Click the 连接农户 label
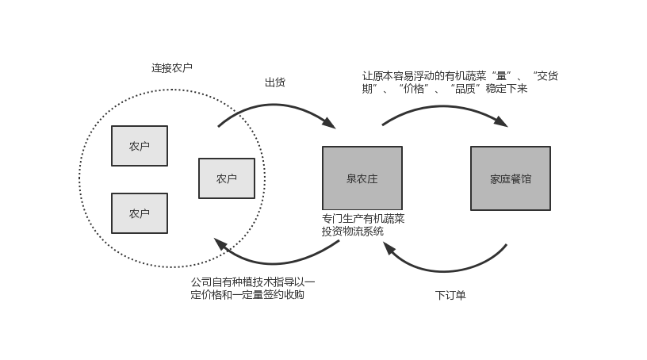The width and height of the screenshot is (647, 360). coord(171,68)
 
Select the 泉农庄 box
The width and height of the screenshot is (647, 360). coord(362,178)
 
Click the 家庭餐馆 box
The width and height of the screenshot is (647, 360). coord(511,178)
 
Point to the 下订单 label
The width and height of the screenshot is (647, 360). coord(450,295)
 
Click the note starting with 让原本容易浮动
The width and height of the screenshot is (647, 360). coord(475,82)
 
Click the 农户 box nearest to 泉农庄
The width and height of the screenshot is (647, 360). coord(227,178)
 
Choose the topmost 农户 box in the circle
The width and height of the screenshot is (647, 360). coord(140,146)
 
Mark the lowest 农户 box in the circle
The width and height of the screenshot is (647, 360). coord(140,213)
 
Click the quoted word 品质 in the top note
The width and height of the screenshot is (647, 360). coord(466,90)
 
